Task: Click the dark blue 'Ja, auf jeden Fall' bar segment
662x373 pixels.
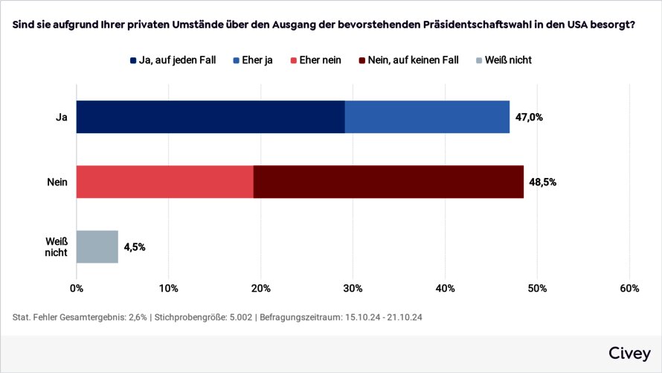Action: click(211, 117)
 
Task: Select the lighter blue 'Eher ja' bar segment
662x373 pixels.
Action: click(427, 117)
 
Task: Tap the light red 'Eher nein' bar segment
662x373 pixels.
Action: click(164, 182)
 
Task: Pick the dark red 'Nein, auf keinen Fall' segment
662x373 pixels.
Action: click(388, 182)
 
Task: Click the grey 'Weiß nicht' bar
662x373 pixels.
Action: click(97, 246)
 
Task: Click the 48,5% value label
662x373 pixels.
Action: click(542, 182)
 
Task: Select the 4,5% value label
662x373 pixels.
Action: click(135, 246)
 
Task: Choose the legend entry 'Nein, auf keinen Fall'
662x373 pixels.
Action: click(413, 60)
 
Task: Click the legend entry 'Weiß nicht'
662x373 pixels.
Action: click(509, 60)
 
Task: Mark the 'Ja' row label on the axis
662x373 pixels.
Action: click(62, 117)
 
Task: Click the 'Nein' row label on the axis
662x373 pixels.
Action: click(57, 182)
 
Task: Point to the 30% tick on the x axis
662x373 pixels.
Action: click(353, 288)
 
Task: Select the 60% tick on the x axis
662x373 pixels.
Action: click(629, 288)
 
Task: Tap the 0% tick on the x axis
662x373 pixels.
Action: click(76, 288)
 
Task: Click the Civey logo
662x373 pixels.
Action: click(629, 353)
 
